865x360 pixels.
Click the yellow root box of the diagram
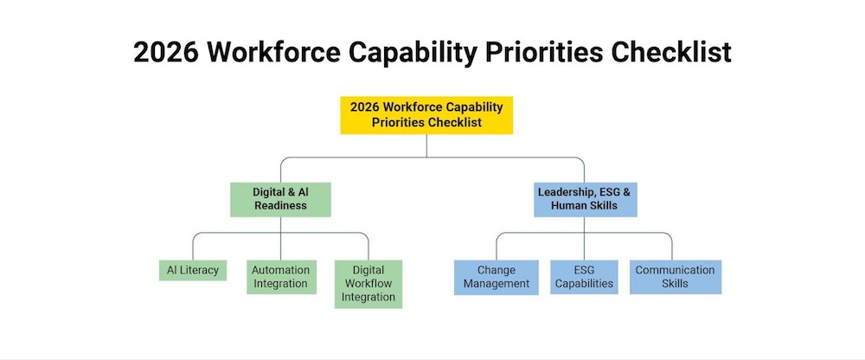pyautogui.click(x=426, y=115)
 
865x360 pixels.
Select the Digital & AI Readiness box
pyautogui.click(x=280, y=199)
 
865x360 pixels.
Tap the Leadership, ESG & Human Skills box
pyautogui.click(x=585, y=199)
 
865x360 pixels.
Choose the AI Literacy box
pyautogui.click(x=193, y=271)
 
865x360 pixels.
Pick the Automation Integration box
pyautogui.click(x=281, y=277)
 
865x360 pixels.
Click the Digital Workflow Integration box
pyautogui.click(x=368, y=284)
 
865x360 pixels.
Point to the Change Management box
pyautogui.click(x=497, y=277)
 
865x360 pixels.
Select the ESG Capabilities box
pyautogui.click(x=584, y=277)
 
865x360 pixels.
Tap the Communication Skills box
pyautogui.click(x=676, y=277)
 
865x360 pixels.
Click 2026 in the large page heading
pyautogui.click(x=166, y=53)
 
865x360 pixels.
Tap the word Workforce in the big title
pyautogui.click(x=273, y=53)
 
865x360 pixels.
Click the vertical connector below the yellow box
pyautogui.click(x=426, y=145)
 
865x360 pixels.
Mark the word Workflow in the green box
pyautogui.click(x=368, y=284)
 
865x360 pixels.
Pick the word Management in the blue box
pyautogui.click(x=497, y=284)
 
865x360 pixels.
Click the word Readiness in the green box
pyautogui.click(x=280, y=205)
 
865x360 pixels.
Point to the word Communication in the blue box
pyautogui.click(x=676, y=271)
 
